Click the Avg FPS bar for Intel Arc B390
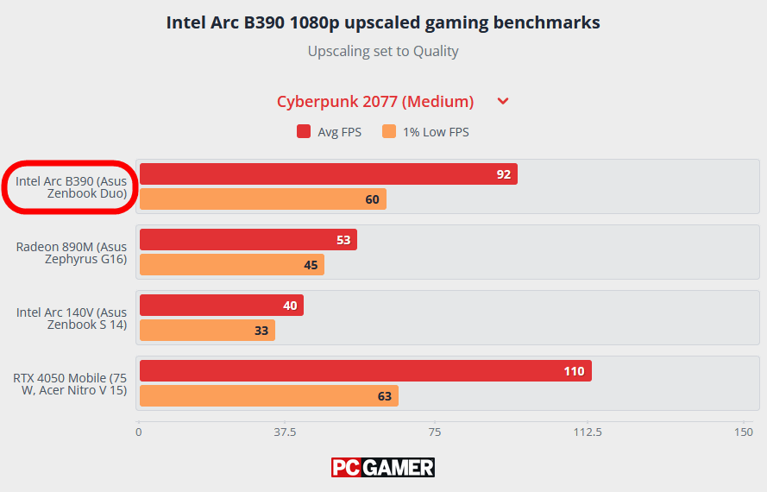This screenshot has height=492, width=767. click(328, 174)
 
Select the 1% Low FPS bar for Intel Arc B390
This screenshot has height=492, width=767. click(262, 199)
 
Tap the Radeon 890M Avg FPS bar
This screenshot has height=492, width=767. click(248, 240)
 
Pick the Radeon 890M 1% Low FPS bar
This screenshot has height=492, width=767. click(231, 265)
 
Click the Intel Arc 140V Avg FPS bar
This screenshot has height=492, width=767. click(221, 306)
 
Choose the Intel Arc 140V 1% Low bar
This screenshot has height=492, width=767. click(207, 331)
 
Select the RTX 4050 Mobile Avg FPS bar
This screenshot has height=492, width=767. click(365, 371)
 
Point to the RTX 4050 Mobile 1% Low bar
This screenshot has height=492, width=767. click(268, 396)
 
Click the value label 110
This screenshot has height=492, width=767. click(574, 371)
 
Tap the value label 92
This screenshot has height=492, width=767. click(503, 174)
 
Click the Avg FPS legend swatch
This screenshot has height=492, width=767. click(304, 132)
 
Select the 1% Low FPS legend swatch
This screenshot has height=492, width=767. click(389, 132)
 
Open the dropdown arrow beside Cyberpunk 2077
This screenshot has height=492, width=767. click(503, 102)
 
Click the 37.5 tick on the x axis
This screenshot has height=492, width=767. click(286, 432)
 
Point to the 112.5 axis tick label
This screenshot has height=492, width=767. click(588, 432)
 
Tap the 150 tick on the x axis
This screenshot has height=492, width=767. click(742, 432)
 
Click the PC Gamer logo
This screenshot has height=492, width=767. click(383, 468)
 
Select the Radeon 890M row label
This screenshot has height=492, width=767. click(72, 253)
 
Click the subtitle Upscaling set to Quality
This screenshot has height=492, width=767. click(383, 51)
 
